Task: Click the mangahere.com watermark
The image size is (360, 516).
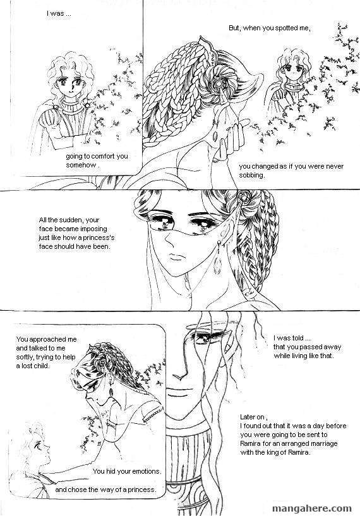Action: tap(312, 508)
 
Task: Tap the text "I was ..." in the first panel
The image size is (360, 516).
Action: tap(59, 14)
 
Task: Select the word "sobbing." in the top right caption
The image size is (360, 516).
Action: tap(252, 175)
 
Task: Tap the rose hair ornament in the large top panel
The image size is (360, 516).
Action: tap(219, 84)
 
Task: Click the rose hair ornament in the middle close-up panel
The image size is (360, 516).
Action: tap(244, 197)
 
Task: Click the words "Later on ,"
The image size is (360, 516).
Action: tap(254, 417)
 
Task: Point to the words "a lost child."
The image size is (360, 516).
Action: tap(33, 366)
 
